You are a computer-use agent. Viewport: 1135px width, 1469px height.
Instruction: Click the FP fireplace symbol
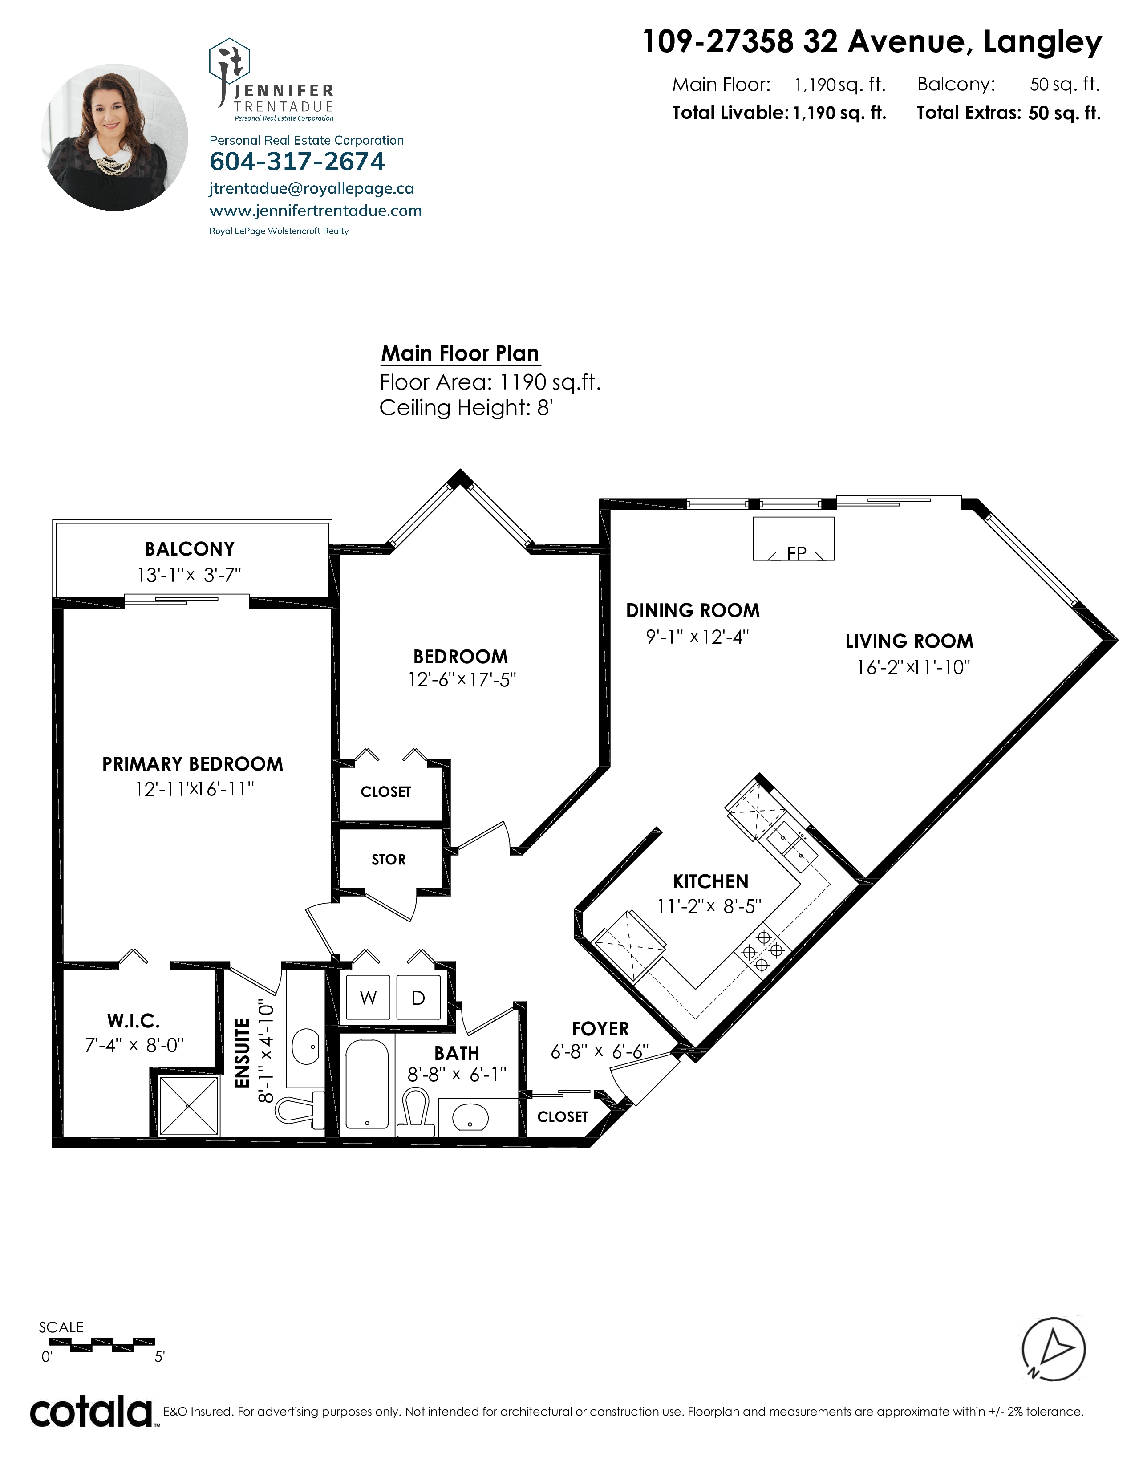coord(794,539)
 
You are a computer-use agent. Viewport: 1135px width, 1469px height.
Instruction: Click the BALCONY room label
coord(190,549)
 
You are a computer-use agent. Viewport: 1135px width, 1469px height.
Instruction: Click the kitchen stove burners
coord(762,950)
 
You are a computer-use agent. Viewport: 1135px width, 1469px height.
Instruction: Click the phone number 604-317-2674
coord(297,162)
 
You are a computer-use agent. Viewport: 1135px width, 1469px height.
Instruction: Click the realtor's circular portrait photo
coord(115,137)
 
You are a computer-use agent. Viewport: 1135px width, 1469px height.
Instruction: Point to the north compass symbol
coord(1053,1348)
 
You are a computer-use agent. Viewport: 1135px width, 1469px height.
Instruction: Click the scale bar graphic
coord(102,1343)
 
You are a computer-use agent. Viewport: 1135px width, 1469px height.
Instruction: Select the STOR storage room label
coord(389,859)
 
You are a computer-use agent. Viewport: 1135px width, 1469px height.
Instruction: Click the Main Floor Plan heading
coord(461,353)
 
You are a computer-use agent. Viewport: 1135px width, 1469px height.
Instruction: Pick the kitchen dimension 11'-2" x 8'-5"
coord(709,906)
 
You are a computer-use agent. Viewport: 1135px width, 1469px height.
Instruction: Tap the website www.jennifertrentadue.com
coord(316,211)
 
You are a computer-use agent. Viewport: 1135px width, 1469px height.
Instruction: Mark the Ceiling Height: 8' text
coord(466,408)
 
